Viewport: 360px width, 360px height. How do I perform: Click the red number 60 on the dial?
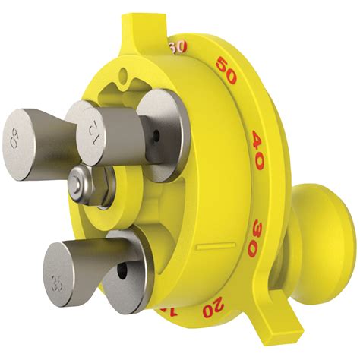point(178,48)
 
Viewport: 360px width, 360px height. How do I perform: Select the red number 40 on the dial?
point(258,141)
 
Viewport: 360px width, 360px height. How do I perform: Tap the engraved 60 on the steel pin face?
point(14,139)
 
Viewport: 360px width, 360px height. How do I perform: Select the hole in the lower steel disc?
point(122,270)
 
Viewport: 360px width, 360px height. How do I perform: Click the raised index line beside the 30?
point(214,247)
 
